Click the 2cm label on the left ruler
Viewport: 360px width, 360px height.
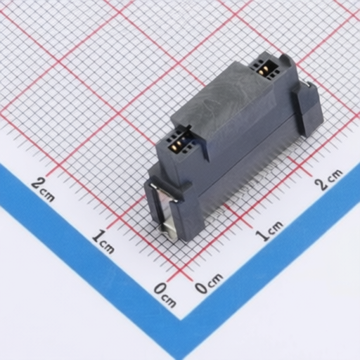(43, 189)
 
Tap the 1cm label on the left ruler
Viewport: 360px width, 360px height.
(103, 242)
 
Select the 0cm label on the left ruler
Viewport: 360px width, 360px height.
(165, 295)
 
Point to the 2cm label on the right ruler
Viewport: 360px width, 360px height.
(328, 179)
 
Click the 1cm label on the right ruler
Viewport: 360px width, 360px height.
(269, 231)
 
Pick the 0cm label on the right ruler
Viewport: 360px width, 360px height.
(209, 283)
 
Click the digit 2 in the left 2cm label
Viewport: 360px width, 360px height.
(37, 184)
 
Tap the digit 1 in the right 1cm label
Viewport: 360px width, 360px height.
(262, 235)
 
